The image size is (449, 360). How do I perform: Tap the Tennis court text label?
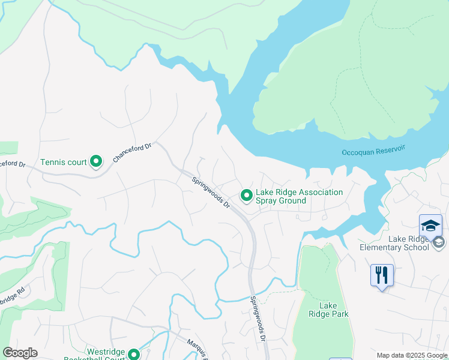(x=64, y=162)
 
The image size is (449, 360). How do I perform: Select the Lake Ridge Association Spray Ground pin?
(x=246, y=195)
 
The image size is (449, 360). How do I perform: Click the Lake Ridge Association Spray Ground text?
(x=299, y=196)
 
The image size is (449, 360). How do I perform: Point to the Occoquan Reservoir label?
(x=373, y=152)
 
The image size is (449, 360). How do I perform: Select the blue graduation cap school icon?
(x=430, y=226)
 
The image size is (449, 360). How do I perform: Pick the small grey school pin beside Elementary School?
(x=438, y=242)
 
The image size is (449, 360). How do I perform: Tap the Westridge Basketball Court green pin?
(x=133, y=354)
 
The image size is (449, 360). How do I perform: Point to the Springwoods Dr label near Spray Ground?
(x=211, y=192)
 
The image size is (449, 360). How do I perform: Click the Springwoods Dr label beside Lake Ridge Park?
(x=258, y=318)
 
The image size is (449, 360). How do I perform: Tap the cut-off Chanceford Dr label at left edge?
(x=13, y=163)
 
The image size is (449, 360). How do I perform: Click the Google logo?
(x=20, y=353)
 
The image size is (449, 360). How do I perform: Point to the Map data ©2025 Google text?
(x=411, y=355)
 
